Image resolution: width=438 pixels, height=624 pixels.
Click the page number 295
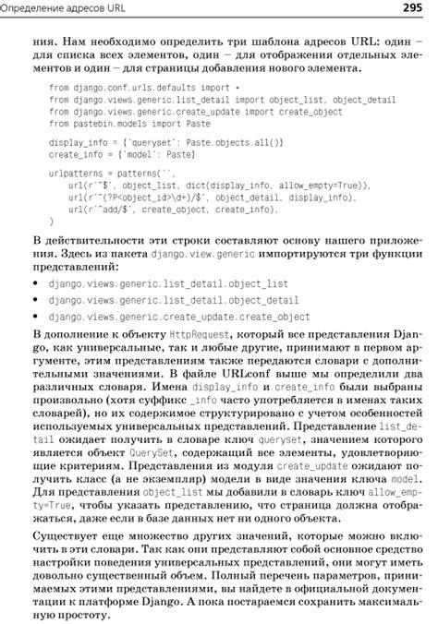point(412,9)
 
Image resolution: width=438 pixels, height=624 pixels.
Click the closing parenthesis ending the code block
point(51,222)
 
